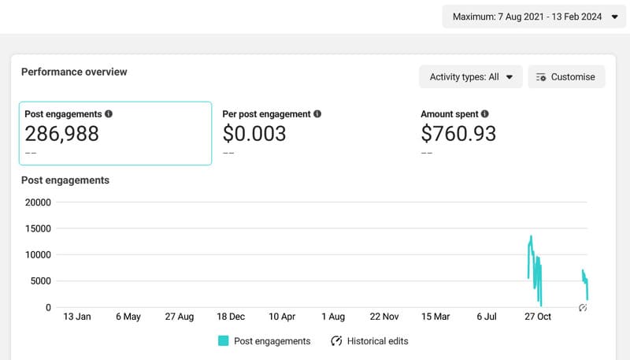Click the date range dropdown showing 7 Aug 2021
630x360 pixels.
[x=534, y=16]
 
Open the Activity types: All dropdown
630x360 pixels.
[x=471, y=77]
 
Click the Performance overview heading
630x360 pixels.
[x=74, y=72]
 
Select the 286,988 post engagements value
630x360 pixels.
[x=62, y=134]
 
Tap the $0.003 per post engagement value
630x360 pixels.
[x=254, y=134]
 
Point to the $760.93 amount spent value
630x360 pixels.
[x=458, y=134]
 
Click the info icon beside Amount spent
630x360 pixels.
[x=485, y=114]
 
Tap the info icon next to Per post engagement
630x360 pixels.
[x=317, y=114]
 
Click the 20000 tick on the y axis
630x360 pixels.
[x=38, y=202]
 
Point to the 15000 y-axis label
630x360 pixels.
[x=38, y=228]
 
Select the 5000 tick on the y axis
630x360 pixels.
[x=40, y=281]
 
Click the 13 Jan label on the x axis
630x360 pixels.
[x=77, y=317]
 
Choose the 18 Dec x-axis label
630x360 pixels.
[x=231, y=317]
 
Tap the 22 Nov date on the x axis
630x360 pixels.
[x=384, y=317]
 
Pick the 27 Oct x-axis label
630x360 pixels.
[x=538, y=317]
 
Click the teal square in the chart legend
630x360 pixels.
[x=224, y=341]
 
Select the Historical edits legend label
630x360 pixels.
[x=377, y=341]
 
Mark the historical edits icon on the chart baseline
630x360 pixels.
[x=583, y=307]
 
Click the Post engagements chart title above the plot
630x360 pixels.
[x=65, y=180]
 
